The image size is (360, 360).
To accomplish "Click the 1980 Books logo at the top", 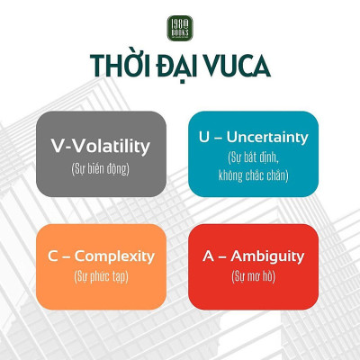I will pyautogui.click(x=180, y=28).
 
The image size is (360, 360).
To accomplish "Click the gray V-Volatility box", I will pyautogui.click(x=100, y=153).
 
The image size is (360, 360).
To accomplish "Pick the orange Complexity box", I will pyautogui.click(x=100, y=264).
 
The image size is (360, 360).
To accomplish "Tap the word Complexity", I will pyautogui.click(x=114, y=256).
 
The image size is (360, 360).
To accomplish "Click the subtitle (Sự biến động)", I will pyautogui.click(x=100, y=168).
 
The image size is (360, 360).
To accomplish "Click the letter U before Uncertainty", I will pyautogui.click(x=203, y=138).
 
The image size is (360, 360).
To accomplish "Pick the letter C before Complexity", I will pyautogui.click(x=53, y=256).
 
